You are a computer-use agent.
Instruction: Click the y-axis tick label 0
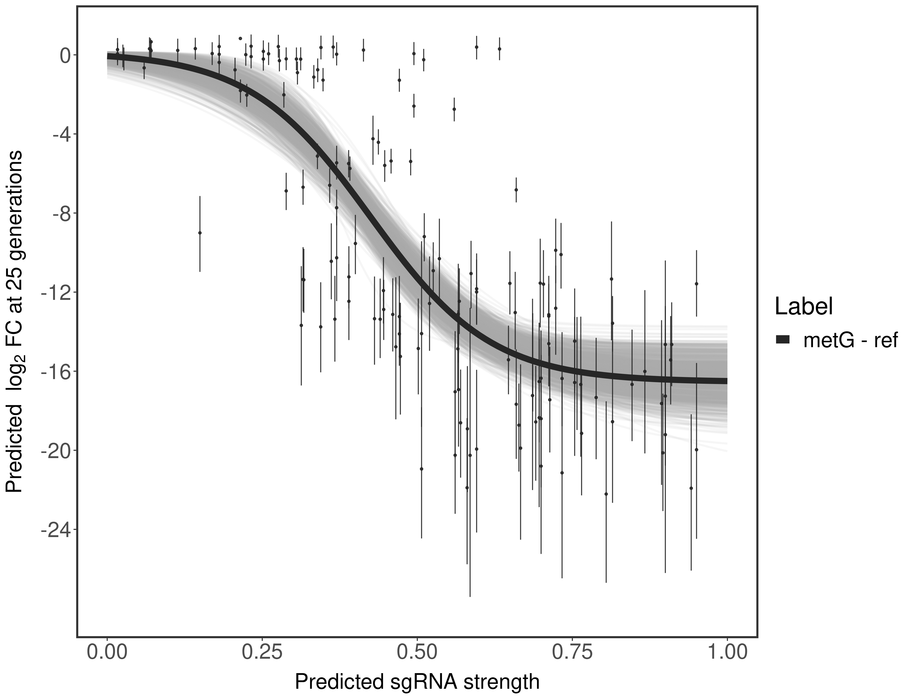coord(65,55)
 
